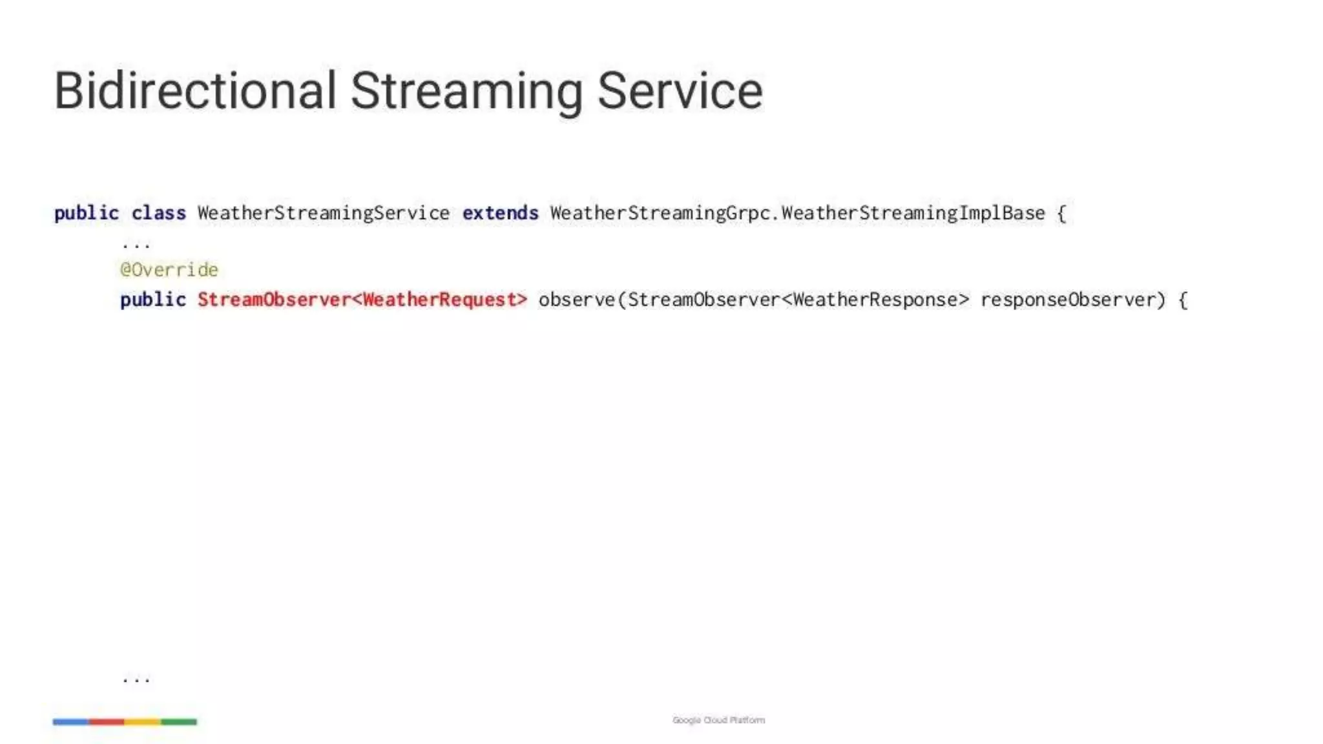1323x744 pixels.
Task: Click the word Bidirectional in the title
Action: coord(195,90)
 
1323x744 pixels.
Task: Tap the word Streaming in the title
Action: coord(466,92)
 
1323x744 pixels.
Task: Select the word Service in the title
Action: coord(680,90)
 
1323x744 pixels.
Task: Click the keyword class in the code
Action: coord(158,213)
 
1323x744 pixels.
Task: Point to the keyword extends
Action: coord(500,213)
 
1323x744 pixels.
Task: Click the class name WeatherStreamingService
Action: coord(323,213)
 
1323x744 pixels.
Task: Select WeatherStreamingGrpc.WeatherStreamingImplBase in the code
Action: coord(797,213)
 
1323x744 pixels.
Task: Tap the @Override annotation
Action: coord(169,269)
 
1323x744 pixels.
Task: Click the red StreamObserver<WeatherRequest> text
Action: coord(362,300)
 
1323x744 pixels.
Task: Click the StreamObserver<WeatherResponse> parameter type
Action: coord(798,300)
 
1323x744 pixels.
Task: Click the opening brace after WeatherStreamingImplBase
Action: coord(1061,213)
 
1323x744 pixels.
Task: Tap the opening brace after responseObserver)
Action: coord(1183,300)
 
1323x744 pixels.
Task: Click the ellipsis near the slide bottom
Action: coord(136,679)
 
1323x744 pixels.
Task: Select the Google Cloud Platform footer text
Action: coord(718,720)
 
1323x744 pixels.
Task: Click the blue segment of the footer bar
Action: coord(70,721)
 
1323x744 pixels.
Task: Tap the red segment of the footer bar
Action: coord(107,721)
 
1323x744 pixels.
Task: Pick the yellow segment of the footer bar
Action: coord(143,721)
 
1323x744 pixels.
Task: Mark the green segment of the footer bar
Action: coord(179,721)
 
